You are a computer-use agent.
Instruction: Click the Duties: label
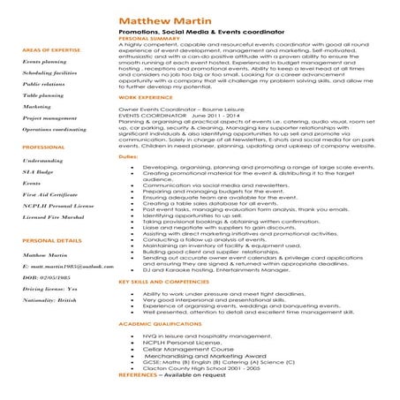[x=127, y=155]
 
